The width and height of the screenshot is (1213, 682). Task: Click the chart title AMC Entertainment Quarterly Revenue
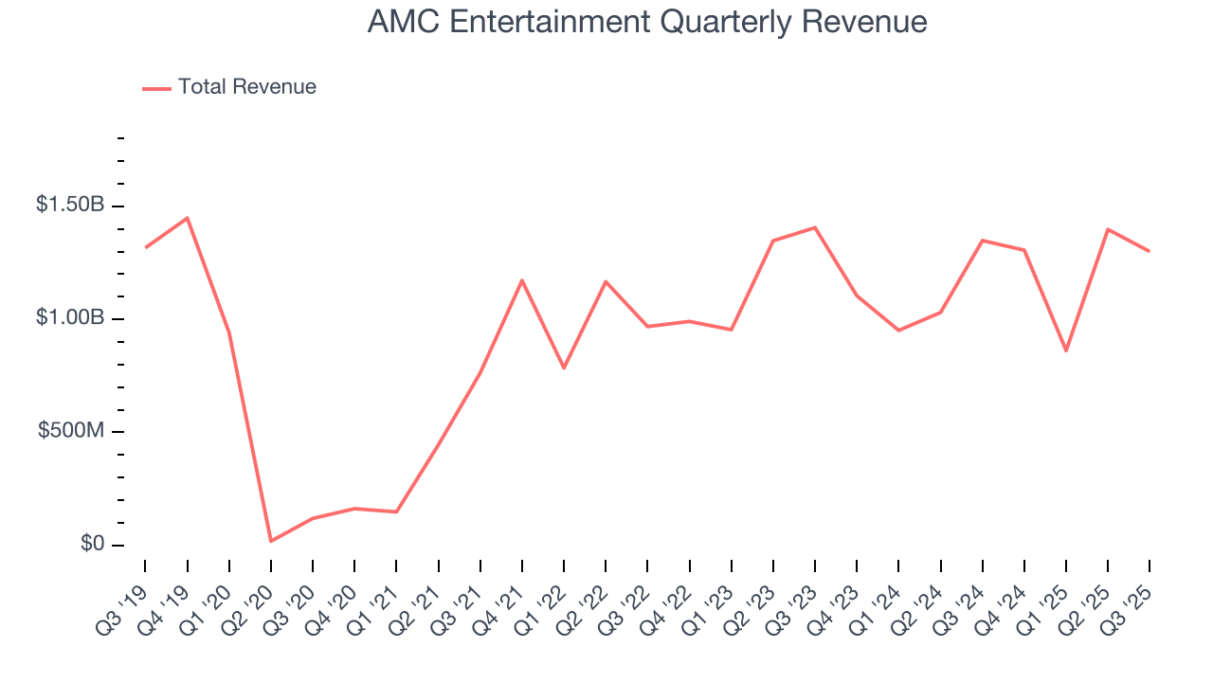[x=647, y=22]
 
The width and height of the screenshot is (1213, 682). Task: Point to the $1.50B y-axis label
[x=70, y=205]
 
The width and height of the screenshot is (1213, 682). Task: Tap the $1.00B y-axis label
[x=70, y=317]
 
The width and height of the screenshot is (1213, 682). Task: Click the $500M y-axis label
[x=71, y=431]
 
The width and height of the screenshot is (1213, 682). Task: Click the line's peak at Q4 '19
[x=188, y=218]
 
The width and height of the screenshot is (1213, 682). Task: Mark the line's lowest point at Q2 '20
[x=271, y=541]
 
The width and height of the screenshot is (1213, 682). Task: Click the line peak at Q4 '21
[x=522, y=280]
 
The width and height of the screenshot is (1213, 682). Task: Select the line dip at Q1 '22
[x=564, y=368]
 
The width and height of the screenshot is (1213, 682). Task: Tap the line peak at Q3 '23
[x=815, y=227]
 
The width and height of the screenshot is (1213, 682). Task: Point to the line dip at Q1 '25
[x=1066, y=351]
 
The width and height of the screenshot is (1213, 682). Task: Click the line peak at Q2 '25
[x=1108, y=229]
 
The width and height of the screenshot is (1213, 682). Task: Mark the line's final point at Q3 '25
[x=1150, y=251]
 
